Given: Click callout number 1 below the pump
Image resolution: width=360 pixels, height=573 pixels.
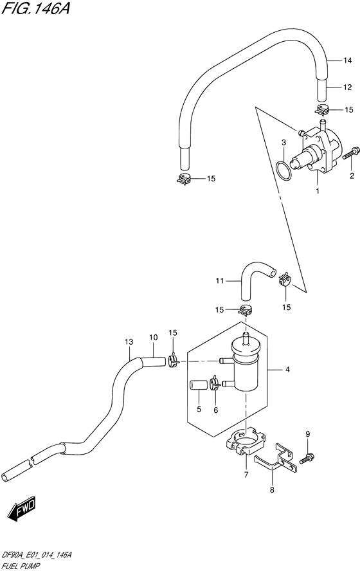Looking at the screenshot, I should pos(317,191).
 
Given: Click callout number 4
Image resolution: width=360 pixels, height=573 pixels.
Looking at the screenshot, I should pos(288,370).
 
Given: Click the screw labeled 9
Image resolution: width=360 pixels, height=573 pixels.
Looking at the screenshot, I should pos(307,458).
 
